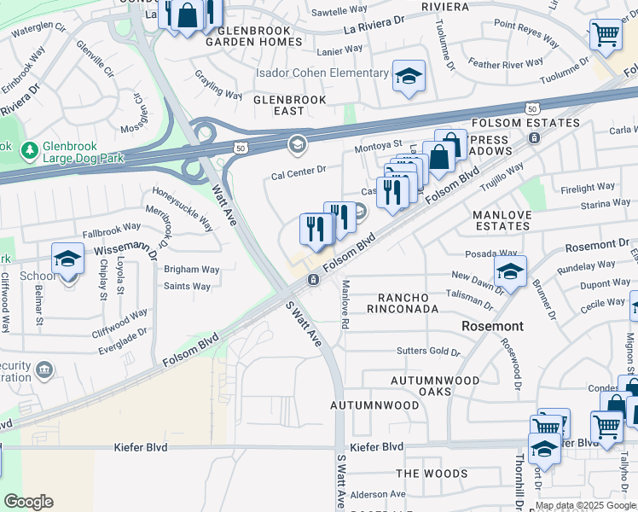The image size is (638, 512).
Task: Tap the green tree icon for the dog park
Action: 30,150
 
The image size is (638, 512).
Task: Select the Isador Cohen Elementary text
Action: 322,73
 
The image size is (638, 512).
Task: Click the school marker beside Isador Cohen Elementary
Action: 409,76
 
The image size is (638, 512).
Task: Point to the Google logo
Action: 28,502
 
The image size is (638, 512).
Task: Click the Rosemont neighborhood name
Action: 492,326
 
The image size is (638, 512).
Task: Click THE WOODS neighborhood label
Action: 432,474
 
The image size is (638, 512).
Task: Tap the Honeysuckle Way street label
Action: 183,210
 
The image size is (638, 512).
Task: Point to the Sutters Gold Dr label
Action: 428,352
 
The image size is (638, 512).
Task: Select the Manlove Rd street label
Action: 345,304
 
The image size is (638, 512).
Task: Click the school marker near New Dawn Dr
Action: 509,272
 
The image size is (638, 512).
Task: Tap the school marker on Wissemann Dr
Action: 67,259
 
